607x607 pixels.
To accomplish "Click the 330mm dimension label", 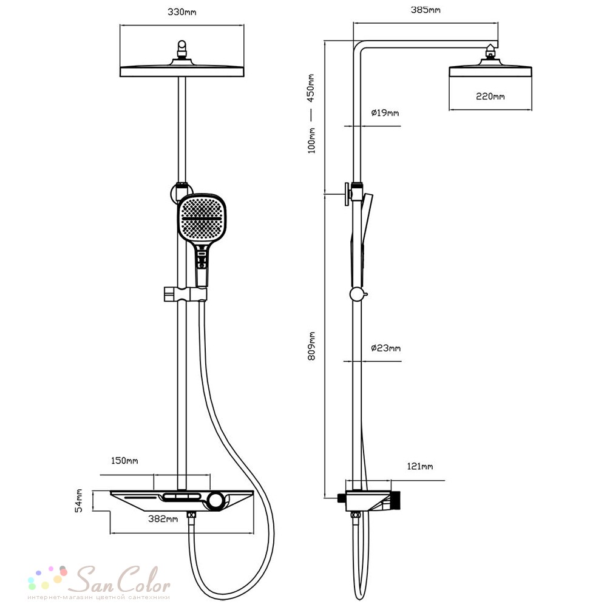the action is (x=181, y=12).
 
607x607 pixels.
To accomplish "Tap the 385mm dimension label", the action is (x=426, y=10).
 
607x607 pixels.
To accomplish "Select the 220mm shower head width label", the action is (x=490, y=97).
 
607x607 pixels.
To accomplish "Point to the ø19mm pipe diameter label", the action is (x=385, y=113).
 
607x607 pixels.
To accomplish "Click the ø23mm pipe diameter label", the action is (x=385, y=348).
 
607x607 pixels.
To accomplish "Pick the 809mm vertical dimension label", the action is (x=311, y=346).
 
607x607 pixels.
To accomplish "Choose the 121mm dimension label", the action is (x=419, y=466).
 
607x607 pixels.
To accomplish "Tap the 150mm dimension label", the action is (x=124, y=461).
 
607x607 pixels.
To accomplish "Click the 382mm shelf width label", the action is (x=163, y=519).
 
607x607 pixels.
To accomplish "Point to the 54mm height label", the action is (x=78, y=501).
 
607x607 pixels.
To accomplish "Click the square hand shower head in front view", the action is (x=202, y=218).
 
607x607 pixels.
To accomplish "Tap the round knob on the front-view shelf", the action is (x=215, y=501).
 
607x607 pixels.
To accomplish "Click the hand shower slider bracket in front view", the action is (x=185, y=294).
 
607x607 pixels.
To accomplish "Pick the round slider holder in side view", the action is (x=357, y=294).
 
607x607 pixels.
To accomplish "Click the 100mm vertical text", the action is (x=311, y=141).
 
